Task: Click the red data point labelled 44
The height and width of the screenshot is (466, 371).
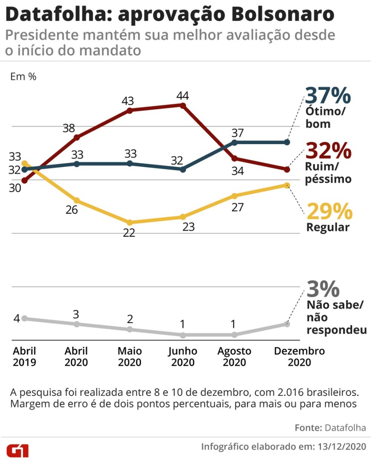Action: click(x=183, y=105)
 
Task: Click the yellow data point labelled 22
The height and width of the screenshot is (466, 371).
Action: click(x=130, y=222)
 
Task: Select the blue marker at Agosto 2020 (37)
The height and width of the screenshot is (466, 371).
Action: click(x=234, y=142)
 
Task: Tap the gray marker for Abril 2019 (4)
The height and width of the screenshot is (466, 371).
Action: click(x=24, y=318)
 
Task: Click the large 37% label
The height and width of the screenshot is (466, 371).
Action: click(x=328, y=96)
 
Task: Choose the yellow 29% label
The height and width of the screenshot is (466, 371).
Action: click(x=329, y=211)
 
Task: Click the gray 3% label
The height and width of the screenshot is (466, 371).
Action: click(x=323, y=289)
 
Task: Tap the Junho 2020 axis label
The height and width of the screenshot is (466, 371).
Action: click(x=183, y=356)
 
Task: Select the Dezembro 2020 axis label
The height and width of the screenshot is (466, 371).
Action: click(x=299, y=356)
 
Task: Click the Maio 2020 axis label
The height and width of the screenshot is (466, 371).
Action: click(x=130, y=356)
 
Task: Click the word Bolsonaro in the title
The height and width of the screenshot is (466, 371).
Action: click(x=282, y=14)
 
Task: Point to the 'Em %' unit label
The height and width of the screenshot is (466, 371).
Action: click(x=23, y=76)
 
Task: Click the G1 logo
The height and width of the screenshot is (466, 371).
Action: click(x=18, y=451)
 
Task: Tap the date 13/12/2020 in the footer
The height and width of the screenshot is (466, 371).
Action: click(x=342, y=446)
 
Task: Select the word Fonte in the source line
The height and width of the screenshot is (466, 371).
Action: click(x=308, y=428)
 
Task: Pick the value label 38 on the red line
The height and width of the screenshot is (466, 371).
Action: click(x=69, y=128)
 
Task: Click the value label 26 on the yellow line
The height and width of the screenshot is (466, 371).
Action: click(x=71, y=210)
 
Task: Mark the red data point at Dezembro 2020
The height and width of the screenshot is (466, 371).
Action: click(x=287, y=169)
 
